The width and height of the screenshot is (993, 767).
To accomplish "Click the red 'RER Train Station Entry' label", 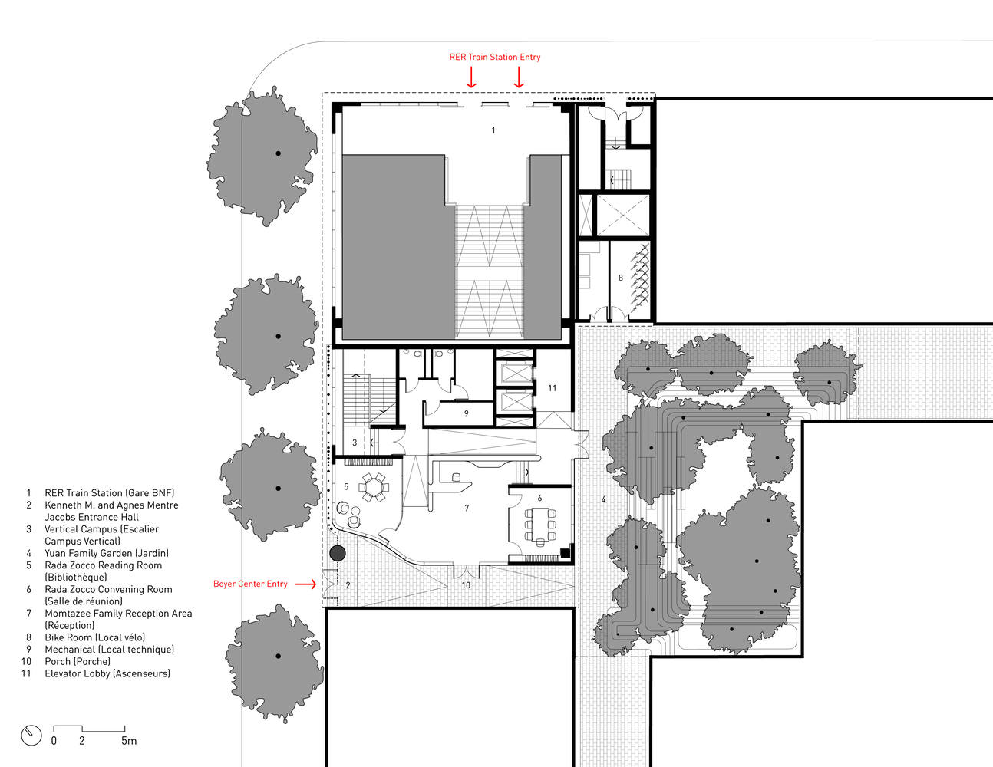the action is [495, 57].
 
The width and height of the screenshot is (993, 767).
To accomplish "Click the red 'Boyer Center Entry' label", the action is [250, 584].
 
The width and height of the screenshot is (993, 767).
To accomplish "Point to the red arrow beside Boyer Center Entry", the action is [305, 584].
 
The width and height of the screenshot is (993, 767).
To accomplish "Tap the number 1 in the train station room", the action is [493, 130].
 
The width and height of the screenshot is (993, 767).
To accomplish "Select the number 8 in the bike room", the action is [621, 278].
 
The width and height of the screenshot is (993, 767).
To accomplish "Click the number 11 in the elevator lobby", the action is [553, 388].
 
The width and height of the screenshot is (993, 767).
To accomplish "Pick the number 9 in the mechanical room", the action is [466, 413].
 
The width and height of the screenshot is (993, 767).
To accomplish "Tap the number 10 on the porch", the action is [466, 584].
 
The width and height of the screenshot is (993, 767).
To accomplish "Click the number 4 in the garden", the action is [604, 499].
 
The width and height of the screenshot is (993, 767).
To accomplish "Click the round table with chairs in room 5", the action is [374, 487].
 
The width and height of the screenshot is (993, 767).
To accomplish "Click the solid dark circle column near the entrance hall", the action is [338, 553].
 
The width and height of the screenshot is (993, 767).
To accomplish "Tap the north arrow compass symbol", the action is [31, 736].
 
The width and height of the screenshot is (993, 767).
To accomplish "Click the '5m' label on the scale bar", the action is [129, 740].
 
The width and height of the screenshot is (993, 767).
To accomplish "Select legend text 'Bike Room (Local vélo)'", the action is [95, 637].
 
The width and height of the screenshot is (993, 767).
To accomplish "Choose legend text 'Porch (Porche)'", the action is [78, 661].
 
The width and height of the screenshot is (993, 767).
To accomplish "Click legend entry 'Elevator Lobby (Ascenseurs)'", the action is [107, 673].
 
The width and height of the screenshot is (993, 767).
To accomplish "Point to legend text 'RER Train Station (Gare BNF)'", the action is [110, 493].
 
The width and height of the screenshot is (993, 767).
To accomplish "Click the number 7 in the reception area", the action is [467, 508].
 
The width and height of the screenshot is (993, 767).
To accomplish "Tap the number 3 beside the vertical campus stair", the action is [355, 443].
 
